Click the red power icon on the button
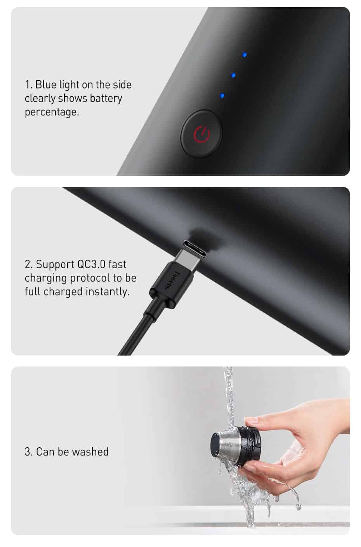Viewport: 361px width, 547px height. (202, 134)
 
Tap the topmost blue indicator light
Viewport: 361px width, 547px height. (245, 55)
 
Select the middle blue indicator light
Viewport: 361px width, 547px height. (234, 75)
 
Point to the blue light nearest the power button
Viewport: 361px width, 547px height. (222, 96)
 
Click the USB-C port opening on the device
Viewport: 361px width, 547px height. (194, 248)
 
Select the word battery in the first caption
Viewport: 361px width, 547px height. (106, 98)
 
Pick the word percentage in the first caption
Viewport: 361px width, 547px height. (52, 112)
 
